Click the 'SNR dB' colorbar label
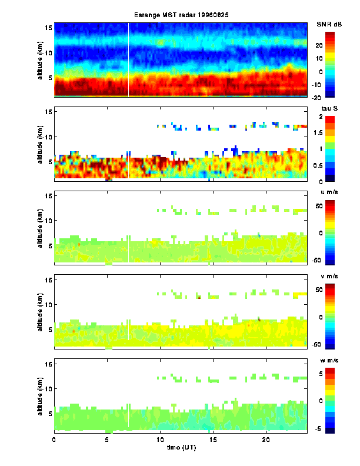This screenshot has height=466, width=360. pyautogui.click(x=329, y=24)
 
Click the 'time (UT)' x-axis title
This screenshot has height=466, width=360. pyautogui.click(x=181, y=448)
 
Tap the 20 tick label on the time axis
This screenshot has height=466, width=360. pyautogui.click(x=266, y=440)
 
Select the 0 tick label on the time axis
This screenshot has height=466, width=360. pyautogui.click(x=54, y=440)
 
